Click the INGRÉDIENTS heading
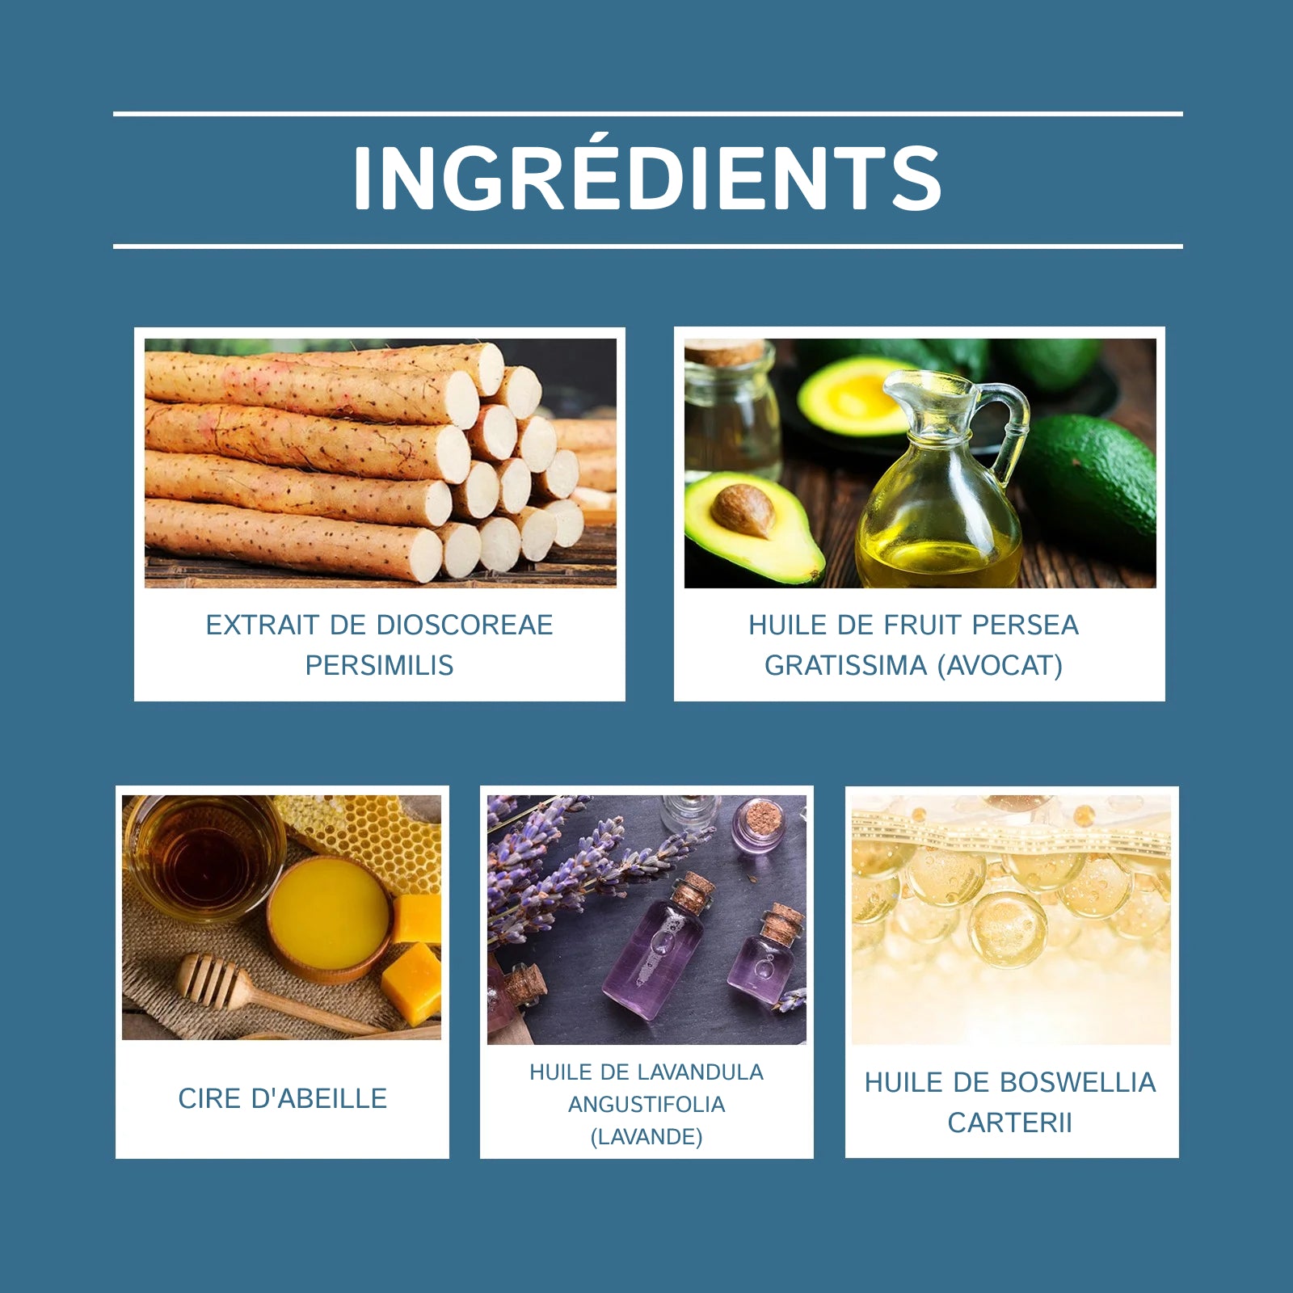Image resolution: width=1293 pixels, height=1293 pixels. pos(646,178)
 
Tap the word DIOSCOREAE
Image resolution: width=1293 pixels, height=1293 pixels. pos(465,625)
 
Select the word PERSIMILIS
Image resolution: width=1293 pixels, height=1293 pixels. pos(379,665)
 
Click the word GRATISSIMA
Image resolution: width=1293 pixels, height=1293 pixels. pos(845,665)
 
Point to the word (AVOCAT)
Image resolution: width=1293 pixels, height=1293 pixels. pos(1000,666)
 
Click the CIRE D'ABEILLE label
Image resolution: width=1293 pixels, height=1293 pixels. pos(282,1098)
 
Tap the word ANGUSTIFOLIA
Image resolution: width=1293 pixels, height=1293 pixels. pos(646,1104)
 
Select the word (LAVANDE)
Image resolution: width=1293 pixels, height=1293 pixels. pos(646,1137)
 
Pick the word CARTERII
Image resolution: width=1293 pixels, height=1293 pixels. pos(1009,1122)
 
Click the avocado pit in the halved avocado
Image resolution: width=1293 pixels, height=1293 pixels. pos(743,511)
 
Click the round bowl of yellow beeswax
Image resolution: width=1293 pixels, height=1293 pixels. pos(330,920)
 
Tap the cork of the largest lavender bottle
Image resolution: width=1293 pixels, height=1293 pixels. pos(693,894)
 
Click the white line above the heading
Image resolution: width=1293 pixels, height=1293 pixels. pos(647,114)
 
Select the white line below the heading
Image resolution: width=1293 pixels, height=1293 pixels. pos(647,246)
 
